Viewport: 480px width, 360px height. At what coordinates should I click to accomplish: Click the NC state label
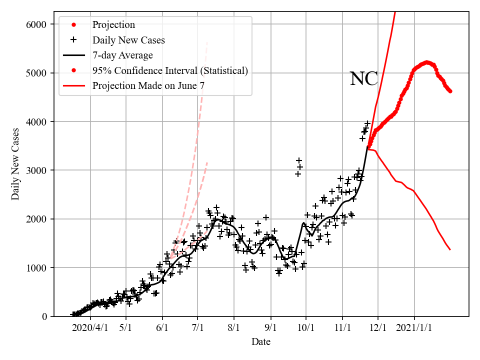(363, 79)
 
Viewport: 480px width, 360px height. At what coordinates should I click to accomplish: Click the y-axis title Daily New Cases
(15, 164)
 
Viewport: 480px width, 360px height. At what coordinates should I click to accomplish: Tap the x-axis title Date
(261, 342)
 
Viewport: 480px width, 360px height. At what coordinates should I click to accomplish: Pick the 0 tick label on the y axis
(44, 316)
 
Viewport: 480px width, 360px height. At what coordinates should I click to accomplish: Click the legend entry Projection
(113, 25)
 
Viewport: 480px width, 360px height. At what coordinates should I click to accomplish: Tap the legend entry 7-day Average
(122, 55)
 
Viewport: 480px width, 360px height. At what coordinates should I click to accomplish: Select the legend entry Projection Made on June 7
(148, 86)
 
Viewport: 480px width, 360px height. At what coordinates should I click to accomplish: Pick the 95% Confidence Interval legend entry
(170, 70)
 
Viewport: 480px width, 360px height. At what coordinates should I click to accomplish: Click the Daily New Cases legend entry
(128, 40)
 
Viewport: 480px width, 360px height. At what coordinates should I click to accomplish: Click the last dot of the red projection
(450, 91)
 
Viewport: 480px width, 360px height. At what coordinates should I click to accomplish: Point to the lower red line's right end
(450, 249)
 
